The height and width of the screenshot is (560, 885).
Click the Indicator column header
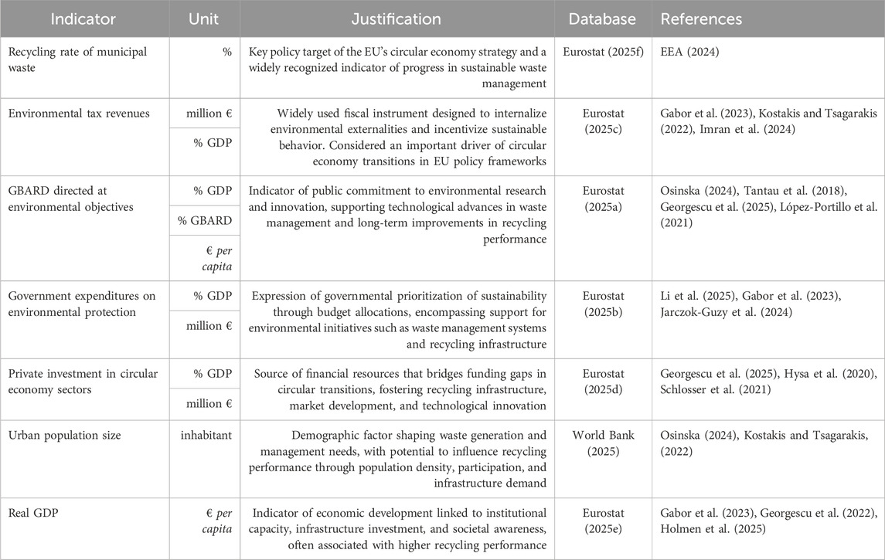point(83,19)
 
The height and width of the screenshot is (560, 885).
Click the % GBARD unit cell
point(204,221)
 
